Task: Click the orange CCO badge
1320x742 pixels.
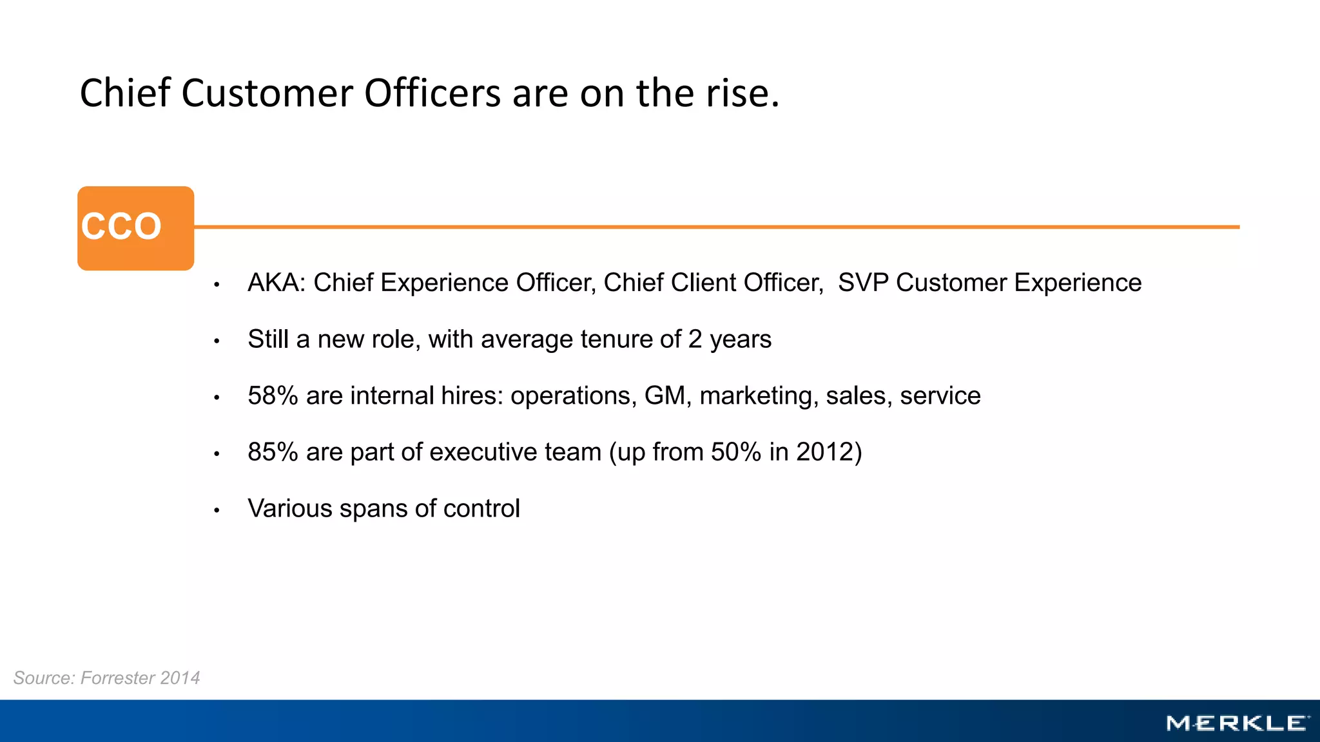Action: [135, 228]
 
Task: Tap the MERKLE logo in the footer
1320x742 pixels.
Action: [1237, 723]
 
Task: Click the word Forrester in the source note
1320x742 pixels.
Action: [117, 678]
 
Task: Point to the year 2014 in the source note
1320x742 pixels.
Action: [180, 678]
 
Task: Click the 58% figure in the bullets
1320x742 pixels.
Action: [273, 395]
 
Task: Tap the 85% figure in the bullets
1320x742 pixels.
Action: [273, 452]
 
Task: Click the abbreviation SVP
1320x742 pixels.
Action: [863, 283]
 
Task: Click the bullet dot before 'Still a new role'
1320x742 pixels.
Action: [217, 341]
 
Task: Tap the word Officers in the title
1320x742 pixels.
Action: [432, 93]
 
